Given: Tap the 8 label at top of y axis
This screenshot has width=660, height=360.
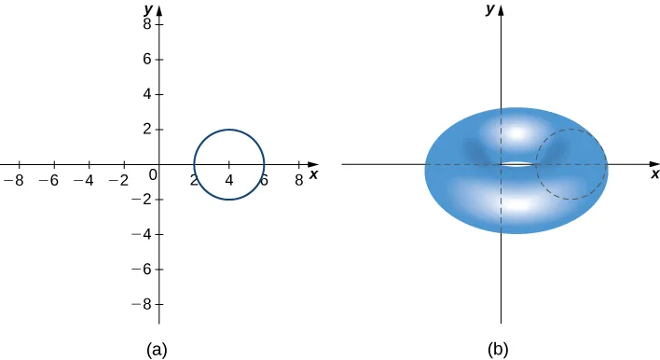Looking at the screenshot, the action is point(147,24).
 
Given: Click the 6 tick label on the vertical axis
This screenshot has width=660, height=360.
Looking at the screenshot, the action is point(147,60).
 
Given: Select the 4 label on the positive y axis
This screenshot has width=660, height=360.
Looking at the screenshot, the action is point(147,94).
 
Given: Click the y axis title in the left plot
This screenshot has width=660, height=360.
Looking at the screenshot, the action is point(148,8).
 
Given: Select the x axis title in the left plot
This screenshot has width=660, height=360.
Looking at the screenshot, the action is point(314,173).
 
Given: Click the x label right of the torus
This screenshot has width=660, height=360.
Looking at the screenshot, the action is point(654,173).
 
